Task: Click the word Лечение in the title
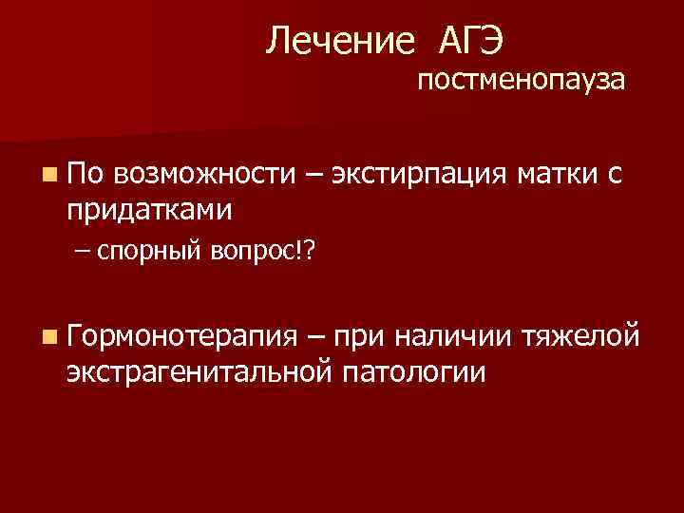(x=340, y=40)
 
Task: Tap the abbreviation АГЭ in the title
(x=471, y=40)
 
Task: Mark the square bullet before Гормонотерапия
(x=47, y=337)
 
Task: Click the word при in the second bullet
(x=359, y=336)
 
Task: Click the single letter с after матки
(x=614, y=175)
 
